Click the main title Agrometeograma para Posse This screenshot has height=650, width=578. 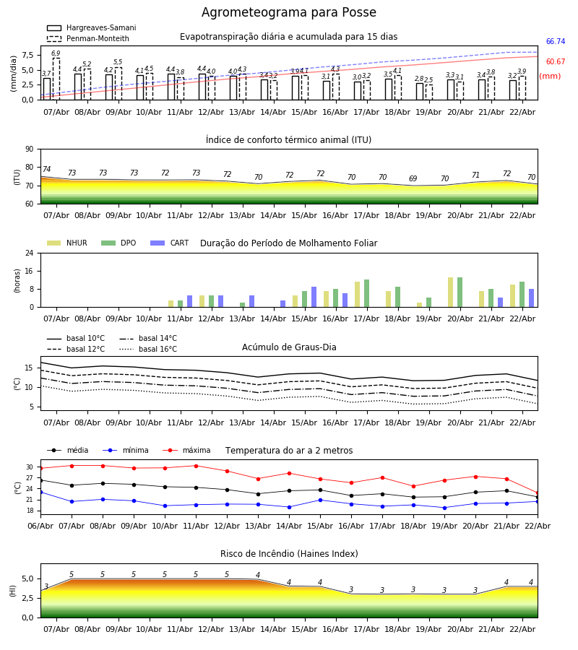point(288,13)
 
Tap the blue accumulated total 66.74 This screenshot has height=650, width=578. point(555,42)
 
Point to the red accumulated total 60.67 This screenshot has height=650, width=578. point(555,62)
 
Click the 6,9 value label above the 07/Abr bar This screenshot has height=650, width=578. point(56,53)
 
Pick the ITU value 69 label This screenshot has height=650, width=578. point(413,179)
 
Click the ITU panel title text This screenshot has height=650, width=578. point(288,140)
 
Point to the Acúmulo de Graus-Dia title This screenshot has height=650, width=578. point(289,347)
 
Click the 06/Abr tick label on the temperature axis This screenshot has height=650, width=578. point(40,525)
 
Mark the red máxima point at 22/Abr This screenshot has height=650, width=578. point(537,493)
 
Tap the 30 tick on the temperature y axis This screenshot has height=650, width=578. point(30,467)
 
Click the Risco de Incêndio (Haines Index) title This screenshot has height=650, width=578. point(289,554)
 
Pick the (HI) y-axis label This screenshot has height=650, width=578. point(12,590)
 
